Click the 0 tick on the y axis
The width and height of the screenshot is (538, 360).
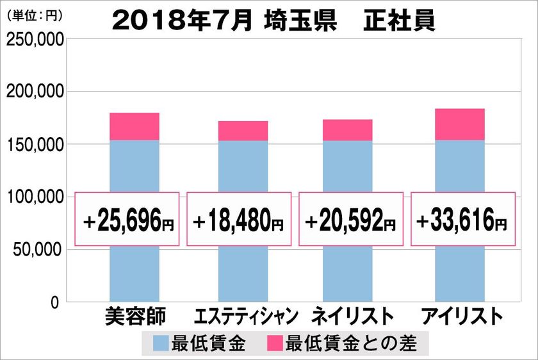(x=56, y=302)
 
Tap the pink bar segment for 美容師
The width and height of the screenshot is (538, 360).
(x=134, y=126)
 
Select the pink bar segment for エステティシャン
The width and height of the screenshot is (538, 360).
(x=243, y=131)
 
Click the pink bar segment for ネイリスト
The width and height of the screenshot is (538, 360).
(x=347, y=130)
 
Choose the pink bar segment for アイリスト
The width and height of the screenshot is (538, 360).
(x=460, y=124)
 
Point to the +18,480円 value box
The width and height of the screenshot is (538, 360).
(x=239, y=219)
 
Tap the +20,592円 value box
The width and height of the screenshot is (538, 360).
(x=350, y=219)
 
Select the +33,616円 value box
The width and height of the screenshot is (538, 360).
(x=462, y=219)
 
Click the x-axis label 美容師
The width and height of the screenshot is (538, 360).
(x=134, y=316)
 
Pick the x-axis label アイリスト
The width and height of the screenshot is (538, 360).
(x=459, y=316)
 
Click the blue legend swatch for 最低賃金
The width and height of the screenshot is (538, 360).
(x=161, y=343)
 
